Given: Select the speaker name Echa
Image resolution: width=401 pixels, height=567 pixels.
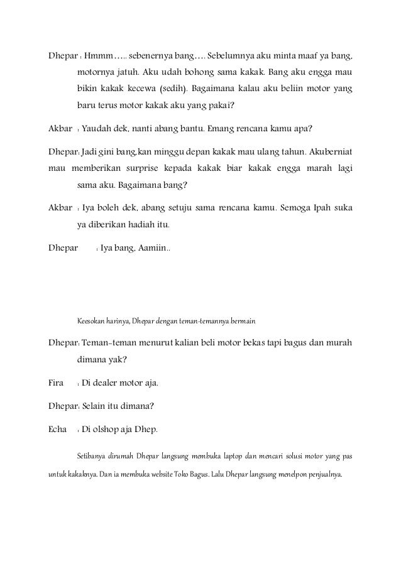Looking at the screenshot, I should tap(58, 431).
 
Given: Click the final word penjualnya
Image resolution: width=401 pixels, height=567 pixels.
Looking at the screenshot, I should tap(324, 473).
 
